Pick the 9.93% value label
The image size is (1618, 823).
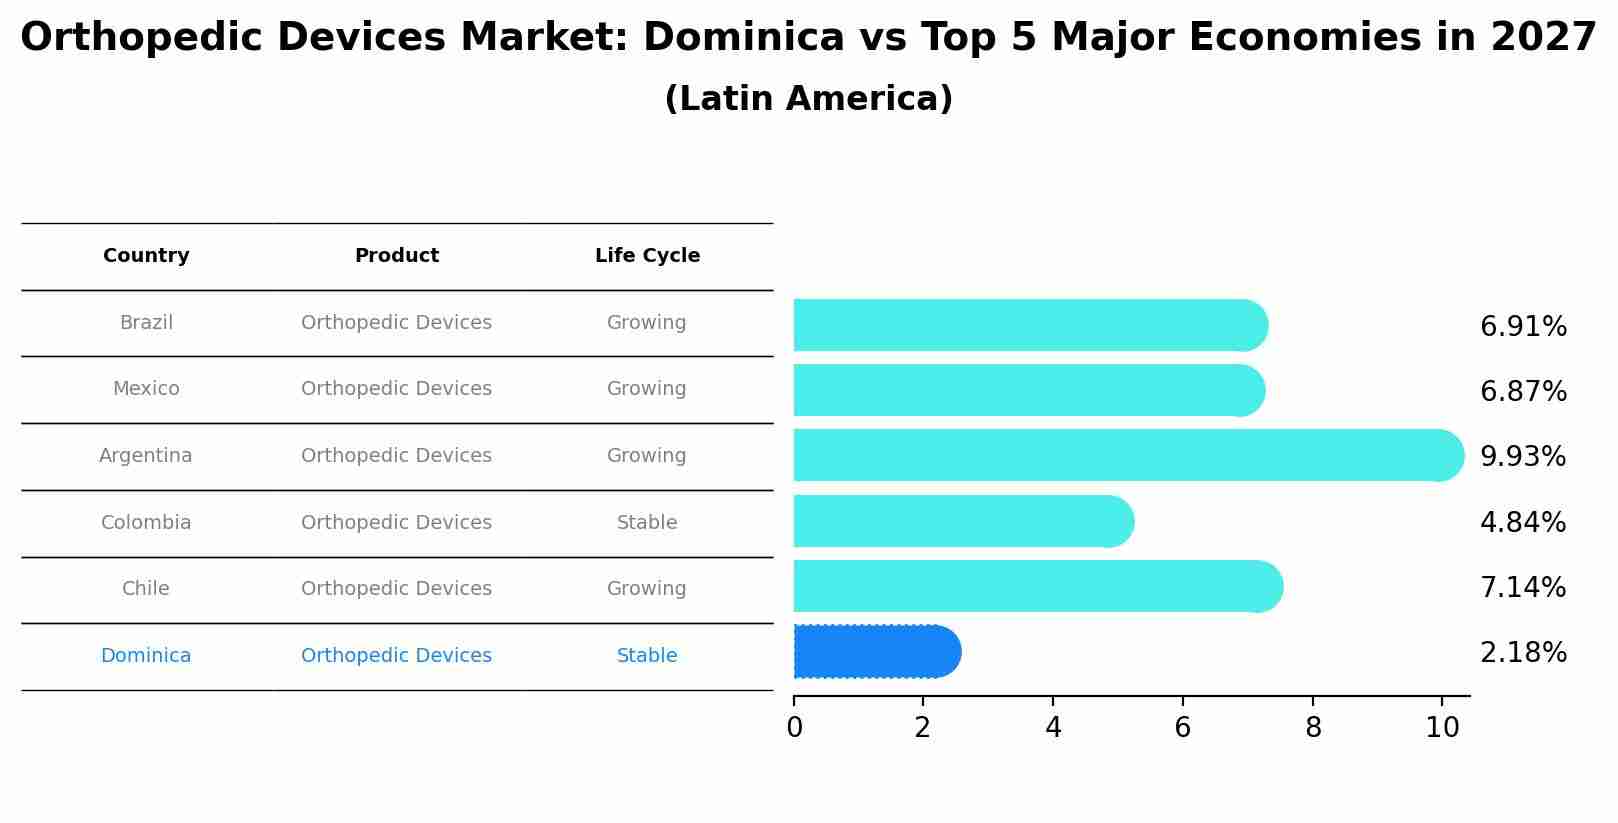click(1522, 457)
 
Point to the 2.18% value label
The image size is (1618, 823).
click(1522, 653)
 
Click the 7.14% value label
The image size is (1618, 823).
click(1522, 588)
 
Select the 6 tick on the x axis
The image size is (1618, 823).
click(1182, 728)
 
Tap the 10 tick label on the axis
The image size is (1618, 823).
click(1442, 728)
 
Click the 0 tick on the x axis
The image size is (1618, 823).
click(794, 728)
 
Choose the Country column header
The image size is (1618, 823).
click(146, 256)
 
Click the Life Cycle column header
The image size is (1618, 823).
click(647, 256)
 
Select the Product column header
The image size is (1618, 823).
click(396, 256)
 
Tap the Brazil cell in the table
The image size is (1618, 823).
click(146, 323)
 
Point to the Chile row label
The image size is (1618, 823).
click(146, 589)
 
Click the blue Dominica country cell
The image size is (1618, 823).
click(146, 656)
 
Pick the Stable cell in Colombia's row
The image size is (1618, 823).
click(647, 523)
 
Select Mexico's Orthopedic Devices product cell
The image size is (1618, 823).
click(396, 389)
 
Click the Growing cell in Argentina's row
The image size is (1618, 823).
click(647, 456)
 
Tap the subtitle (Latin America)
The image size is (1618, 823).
click(808, 99)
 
